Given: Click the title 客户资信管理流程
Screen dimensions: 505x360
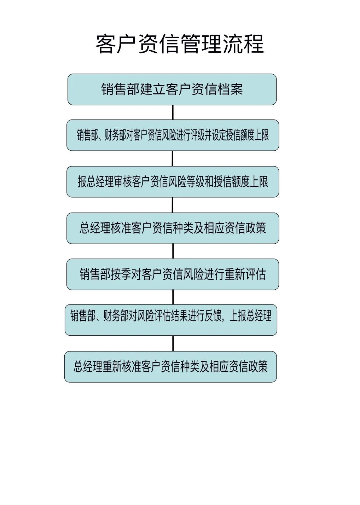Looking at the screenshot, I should [x=180, y=44].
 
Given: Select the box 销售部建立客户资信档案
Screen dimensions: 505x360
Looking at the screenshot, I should [x=172, y=89].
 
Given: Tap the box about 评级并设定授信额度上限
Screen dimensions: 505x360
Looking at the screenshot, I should [x=173, y=135].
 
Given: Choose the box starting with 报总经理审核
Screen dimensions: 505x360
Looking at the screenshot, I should [x=173, y=182].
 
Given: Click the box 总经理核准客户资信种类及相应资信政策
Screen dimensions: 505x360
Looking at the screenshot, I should [x=173, y=228].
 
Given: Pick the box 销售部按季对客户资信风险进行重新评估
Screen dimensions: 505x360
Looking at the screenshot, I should [x=173, y=274].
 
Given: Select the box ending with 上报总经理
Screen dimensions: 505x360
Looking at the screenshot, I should [x=171, y=320].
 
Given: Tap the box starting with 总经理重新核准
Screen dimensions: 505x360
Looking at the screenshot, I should [x=170, y=367].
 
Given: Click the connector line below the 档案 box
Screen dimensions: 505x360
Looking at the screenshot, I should [x=173, y=112].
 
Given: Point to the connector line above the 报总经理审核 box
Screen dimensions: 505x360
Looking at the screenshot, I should [x=173, y=158].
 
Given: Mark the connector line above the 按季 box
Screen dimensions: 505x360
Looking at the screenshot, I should [x=173, y=251].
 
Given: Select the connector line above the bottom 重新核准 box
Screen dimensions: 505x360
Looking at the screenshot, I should [x=173, y=343].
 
